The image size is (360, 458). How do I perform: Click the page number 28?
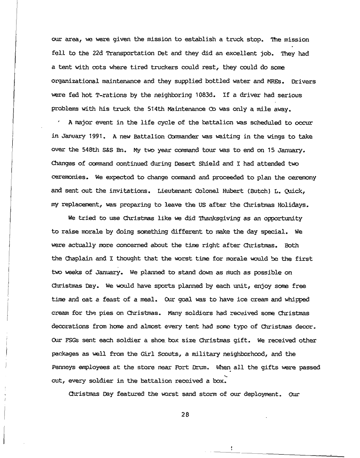pos(183,415)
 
